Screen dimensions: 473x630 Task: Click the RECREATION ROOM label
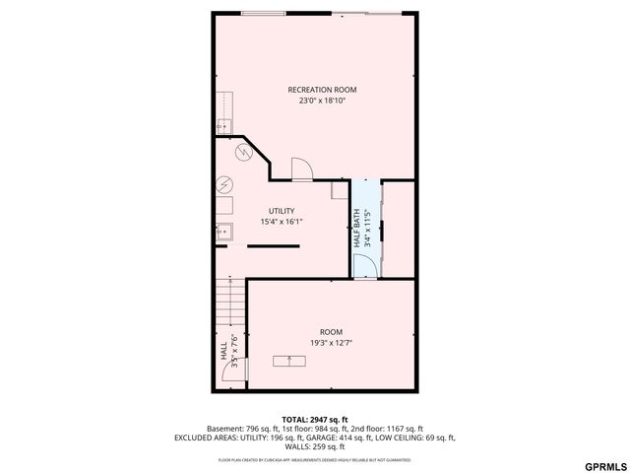[x=322, y=90]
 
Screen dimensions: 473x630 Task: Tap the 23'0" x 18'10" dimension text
[x=322, y=101]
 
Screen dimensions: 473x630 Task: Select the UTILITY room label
[x=282, y=211]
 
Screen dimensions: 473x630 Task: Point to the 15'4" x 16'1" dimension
[x=282, y=222]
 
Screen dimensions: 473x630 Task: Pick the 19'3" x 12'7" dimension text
[x=331, y=343]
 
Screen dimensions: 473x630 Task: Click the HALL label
[x=223, y=353]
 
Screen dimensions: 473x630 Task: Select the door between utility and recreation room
[x=302, y=169]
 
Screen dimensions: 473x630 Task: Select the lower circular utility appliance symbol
[x=224, y=184]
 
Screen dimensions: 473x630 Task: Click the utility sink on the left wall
[x=224, y=233]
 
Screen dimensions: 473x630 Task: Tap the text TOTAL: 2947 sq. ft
[x=315, y=419]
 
